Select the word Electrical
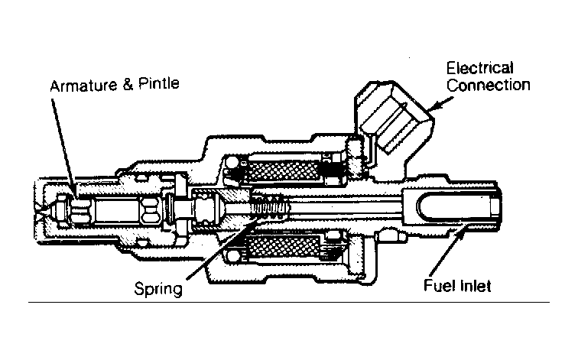[x=480, y=69]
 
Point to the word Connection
[x=489, y=85]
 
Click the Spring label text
[x=157, y=289]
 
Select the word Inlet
[x=475, y=287]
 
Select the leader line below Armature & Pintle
[x=64, y=141]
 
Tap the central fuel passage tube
[x=344, y=207]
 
